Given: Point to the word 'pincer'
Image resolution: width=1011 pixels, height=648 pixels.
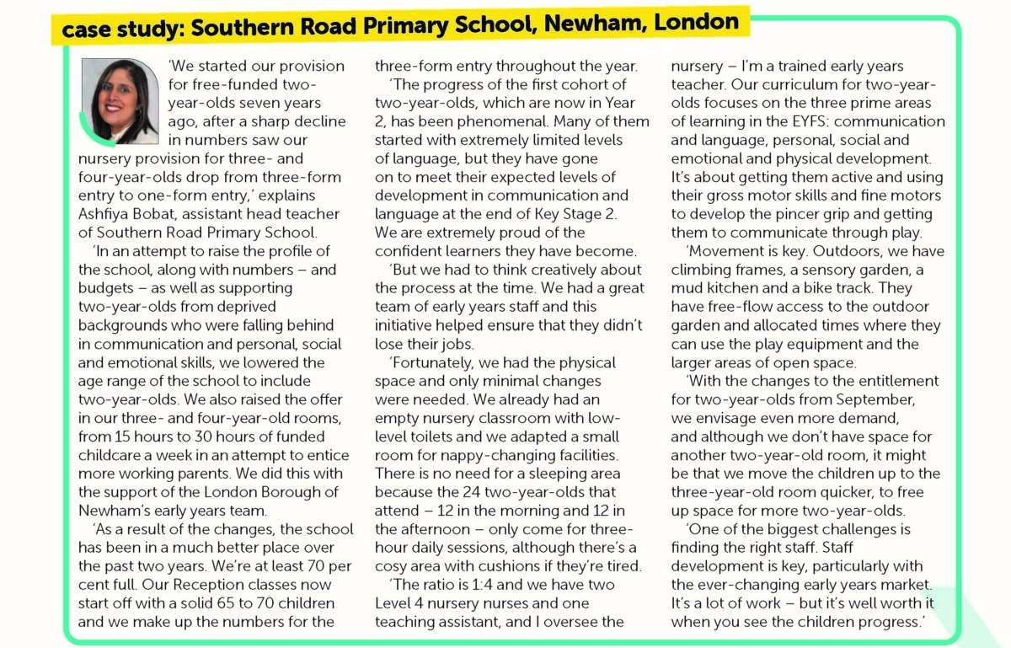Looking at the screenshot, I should [816, 214].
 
